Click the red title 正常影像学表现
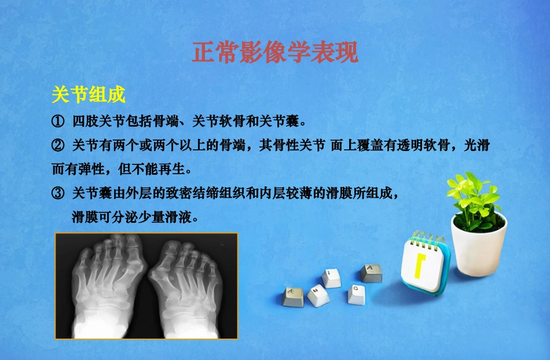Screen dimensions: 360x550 pyautogui.click(x=275, y=53)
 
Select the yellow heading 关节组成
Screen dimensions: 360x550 pyautogui.click(x=89, y=94)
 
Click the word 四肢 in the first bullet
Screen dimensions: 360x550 pyautogui.click(x=83, y=122)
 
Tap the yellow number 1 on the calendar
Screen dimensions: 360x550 pyautogui.click(x=419, y=265)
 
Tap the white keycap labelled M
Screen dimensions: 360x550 pyautogui.click(x=317, y=296)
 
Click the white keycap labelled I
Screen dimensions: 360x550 pyautogui.click(x=331, y=277)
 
